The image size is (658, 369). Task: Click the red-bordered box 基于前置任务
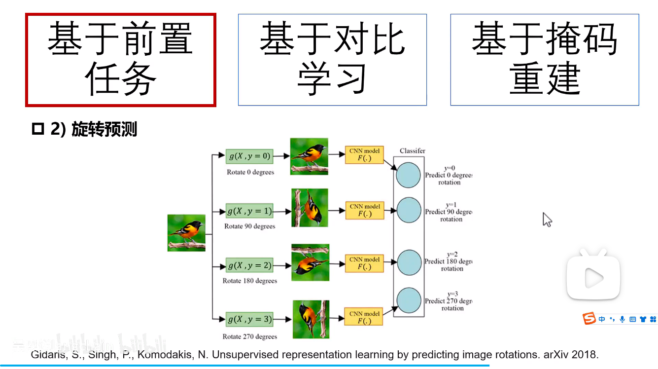pos(121,60)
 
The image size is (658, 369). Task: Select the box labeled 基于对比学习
pos(332,60)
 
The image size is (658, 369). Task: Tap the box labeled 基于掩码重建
pos(545,60)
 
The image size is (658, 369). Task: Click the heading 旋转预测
pos(104,130)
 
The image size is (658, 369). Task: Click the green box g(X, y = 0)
pos(249,156)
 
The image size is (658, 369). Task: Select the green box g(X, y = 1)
pos(249,211)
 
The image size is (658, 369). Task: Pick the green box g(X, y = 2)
pos(249,265)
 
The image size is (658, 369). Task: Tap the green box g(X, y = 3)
pos(249,319)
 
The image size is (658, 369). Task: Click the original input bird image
pos(186,233)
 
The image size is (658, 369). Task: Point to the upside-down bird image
pos(310,262)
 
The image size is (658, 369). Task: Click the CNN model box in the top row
pos(365,155)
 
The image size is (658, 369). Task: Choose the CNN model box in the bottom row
pos(365,317)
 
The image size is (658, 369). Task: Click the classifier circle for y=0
pos(409,175)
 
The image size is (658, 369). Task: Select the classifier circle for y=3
pos(409,300)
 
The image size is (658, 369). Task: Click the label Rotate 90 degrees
pos(250,226)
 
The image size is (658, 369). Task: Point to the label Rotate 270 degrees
pos(250,336)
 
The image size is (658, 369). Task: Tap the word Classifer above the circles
pos(413,150)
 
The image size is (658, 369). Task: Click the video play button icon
pos(593,279)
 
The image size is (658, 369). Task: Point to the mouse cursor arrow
pos(547,219)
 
